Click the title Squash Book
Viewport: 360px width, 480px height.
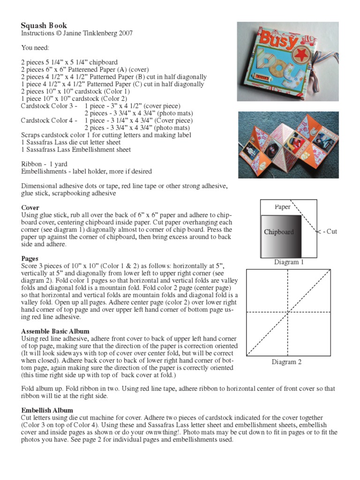[x=44, y=26]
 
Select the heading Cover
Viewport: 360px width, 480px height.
[x=30, y=208]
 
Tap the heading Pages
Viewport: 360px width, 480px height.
[x=30, y=258]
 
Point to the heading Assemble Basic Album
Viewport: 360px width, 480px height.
[x=55, y=331]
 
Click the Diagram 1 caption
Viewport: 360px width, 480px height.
[x=289, y=262]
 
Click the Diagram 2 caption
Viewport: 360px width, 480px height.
[x=286, y=362]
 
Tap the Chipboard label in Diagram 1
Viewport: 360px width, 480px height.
[x=278, y=232]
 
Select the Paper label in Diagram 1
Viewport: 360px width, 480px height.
[x=283, y=207]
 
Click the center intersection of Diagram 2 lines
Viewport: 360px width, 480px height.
[x=287, y=312]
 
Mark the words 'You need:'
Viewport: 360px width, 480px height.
[x=35, y=48]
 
